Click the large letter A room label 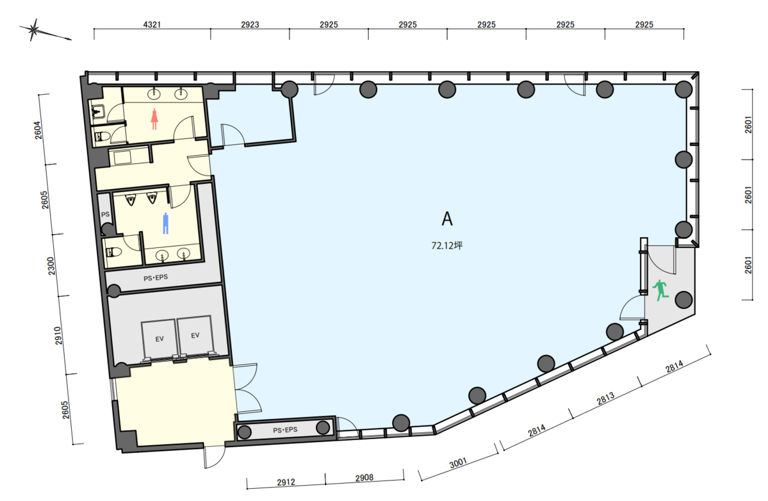(446, 219)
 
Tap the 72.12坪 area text (446, 245)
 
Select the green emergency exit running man (661, 290)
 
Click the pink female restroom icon (155, 119)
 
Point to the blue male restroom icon (165, 224)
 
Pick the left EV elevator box (159, 339)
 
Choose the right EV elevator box (195, 336)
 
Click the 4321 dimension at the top (152, 24)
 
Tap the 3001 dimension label (458, 462)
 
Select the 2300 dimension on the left (51, 265)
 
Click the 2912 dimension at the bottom (286, 482)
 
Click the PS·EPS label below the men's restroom (156, 277)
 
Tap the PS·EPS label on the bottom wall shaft (285, 430)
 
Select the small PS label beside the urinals (105, 215)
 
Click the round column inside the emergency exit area (683, 300)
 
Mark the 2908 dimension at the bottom (364, 477)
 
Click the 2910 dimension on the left (58, 336)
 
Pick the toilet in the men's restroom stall (113, 252)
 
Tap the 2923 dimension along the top (250, 24)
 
